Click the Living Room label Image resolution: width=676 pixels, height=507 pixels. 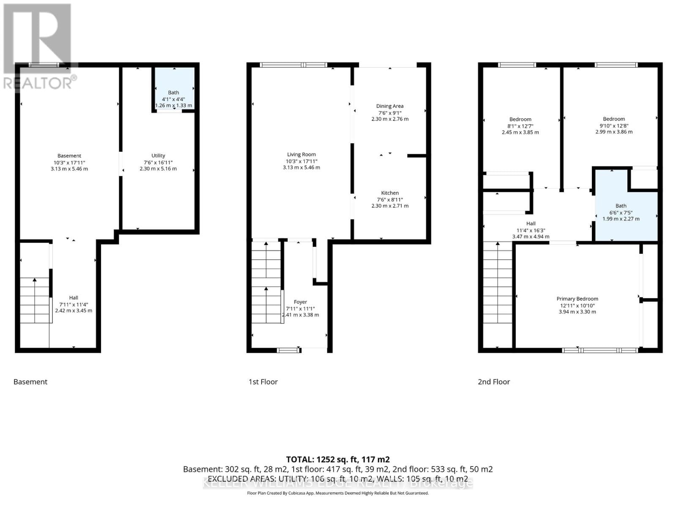301,155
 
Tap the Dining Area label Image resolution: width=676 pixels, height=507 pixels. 390,106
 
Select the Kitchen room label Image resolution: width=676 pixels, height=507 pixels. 390,193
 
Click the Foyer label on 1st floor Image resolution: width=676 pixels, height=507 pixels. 300,302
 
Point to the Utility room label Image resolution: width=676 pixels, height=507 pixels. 158,155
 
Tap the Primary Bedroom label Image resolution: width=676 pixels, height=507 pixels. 577,299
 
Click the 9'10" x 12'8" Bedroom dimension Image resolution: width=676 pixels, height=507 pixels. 613,125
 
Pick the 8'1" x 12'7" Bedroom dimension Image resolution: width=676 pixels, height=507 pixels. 520,126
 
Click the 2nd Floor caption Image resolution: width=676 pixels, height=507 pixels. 493,382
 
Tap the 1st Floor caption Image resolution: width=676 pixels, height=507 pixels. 263,382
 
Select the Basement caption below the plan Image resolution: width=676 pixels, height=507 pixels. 30,382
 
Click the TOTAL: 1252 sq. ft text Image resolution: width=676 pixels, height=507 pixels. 338,459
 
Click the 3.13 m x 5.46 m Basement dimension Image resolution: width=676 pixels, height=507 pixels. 69,169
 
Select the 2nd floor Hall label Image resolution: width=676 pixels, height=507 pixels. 531,224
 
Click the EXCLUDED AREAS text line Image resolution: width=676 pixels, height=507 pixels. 338,479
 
